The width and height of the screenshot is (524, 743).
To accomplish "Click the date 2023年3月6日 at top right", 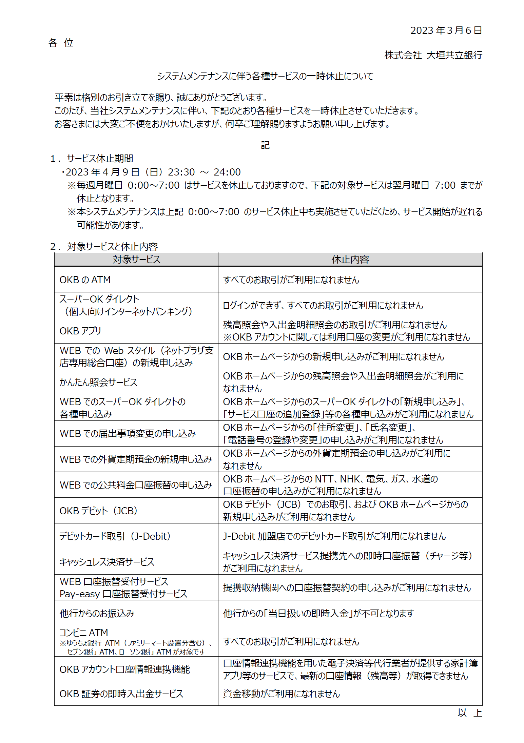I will click(446, 30).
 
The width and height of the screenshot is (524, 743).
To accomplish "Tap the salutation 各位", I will click(61, 43).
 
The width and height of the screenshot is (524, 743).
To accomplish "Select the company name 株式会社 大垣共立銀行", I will click(433, 55).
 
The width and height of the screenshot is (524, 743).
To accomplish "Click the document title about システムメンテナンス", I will click(265, 76).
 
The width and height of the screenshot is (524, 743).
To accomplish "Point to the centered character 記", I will click(265, 145).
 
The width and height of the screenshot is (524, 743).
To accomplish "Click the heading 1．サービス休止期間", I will click(92, 159).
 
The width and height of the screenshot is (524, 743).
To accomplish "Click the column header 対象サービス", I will click(136, 260).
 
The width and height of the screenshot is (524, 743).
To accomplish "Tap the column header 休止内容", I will click(350, 260).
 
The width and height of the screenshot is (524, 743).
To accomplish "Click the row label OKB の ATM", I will click(85, 280).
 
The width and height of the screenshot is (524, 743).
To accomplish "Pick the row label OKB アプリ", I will click(80, 331).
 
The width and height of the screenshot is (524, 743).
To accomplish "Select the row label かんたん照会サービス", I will click(98, 382).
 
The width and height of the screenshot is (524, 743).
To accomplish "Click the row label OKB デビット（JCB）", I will click(98, 511).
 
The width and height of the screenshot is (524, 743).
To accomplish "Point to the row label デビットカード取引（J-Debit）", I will click(115, 536).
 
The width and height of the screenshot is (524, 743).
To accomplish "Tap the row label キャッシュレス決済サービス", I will click(107, 562).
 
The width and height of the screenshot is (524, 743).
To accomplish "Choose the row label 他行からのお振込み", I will click(97, 614).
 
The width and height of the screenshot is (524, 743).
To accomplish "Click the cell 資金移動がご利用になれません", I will click(281, 694).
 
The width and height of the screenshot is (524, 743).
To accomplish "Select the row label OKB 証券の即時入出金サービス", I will click(121, 694).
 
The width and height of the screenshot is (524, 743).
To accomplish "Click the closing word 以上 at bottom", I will click(469, 713).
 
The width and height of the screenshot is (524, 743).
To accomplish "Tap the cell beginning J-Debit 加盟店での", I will click(334, 536).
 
